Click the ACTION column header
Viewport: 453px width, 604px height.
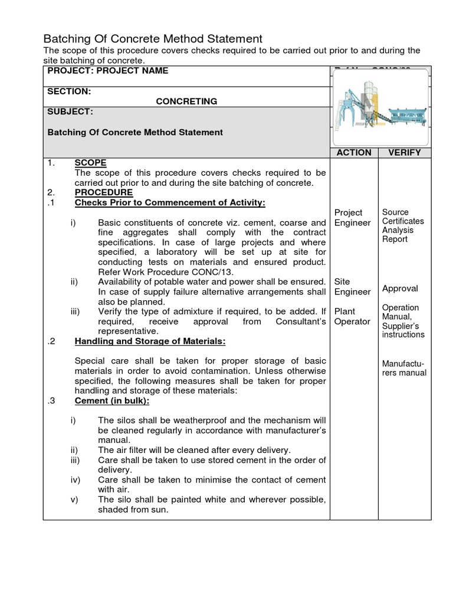coord(353,152)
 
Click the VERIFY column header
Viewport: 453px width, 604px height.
coord(404,152)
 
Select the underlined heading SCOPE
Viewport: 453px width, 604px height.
coord(90,163)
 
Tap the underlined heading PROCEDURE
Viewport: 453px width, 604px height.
coord(103,192)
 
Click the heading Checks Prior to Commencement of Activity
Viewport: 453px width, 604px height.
coord(170,203)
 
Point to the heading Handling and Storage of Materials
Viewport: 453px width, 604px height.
coord(150,341)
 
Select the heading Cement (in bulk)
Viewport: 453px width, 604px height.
coord(112,401)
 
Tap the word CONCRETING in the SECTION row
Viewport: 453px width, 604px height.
coord(186,101)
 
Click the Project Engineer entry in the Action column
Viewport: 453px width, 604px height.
coord(352,218)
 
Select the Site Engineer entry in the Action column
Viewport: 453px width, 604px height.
coord(352,287)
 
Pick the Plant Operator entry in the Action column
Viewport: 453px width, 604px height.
coord(352,316)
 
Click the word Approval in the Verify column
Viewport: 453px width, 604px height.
coord(400,288)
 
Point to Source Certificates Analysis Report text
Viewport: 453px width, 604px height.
coord(403,226)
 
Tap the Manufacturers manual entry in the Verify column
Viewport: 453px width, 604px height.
coord(404,368)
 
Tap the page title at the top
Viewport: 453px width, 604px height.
coord(153,39)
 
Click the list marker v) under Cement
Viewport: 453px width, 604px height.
coord(75,500)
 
